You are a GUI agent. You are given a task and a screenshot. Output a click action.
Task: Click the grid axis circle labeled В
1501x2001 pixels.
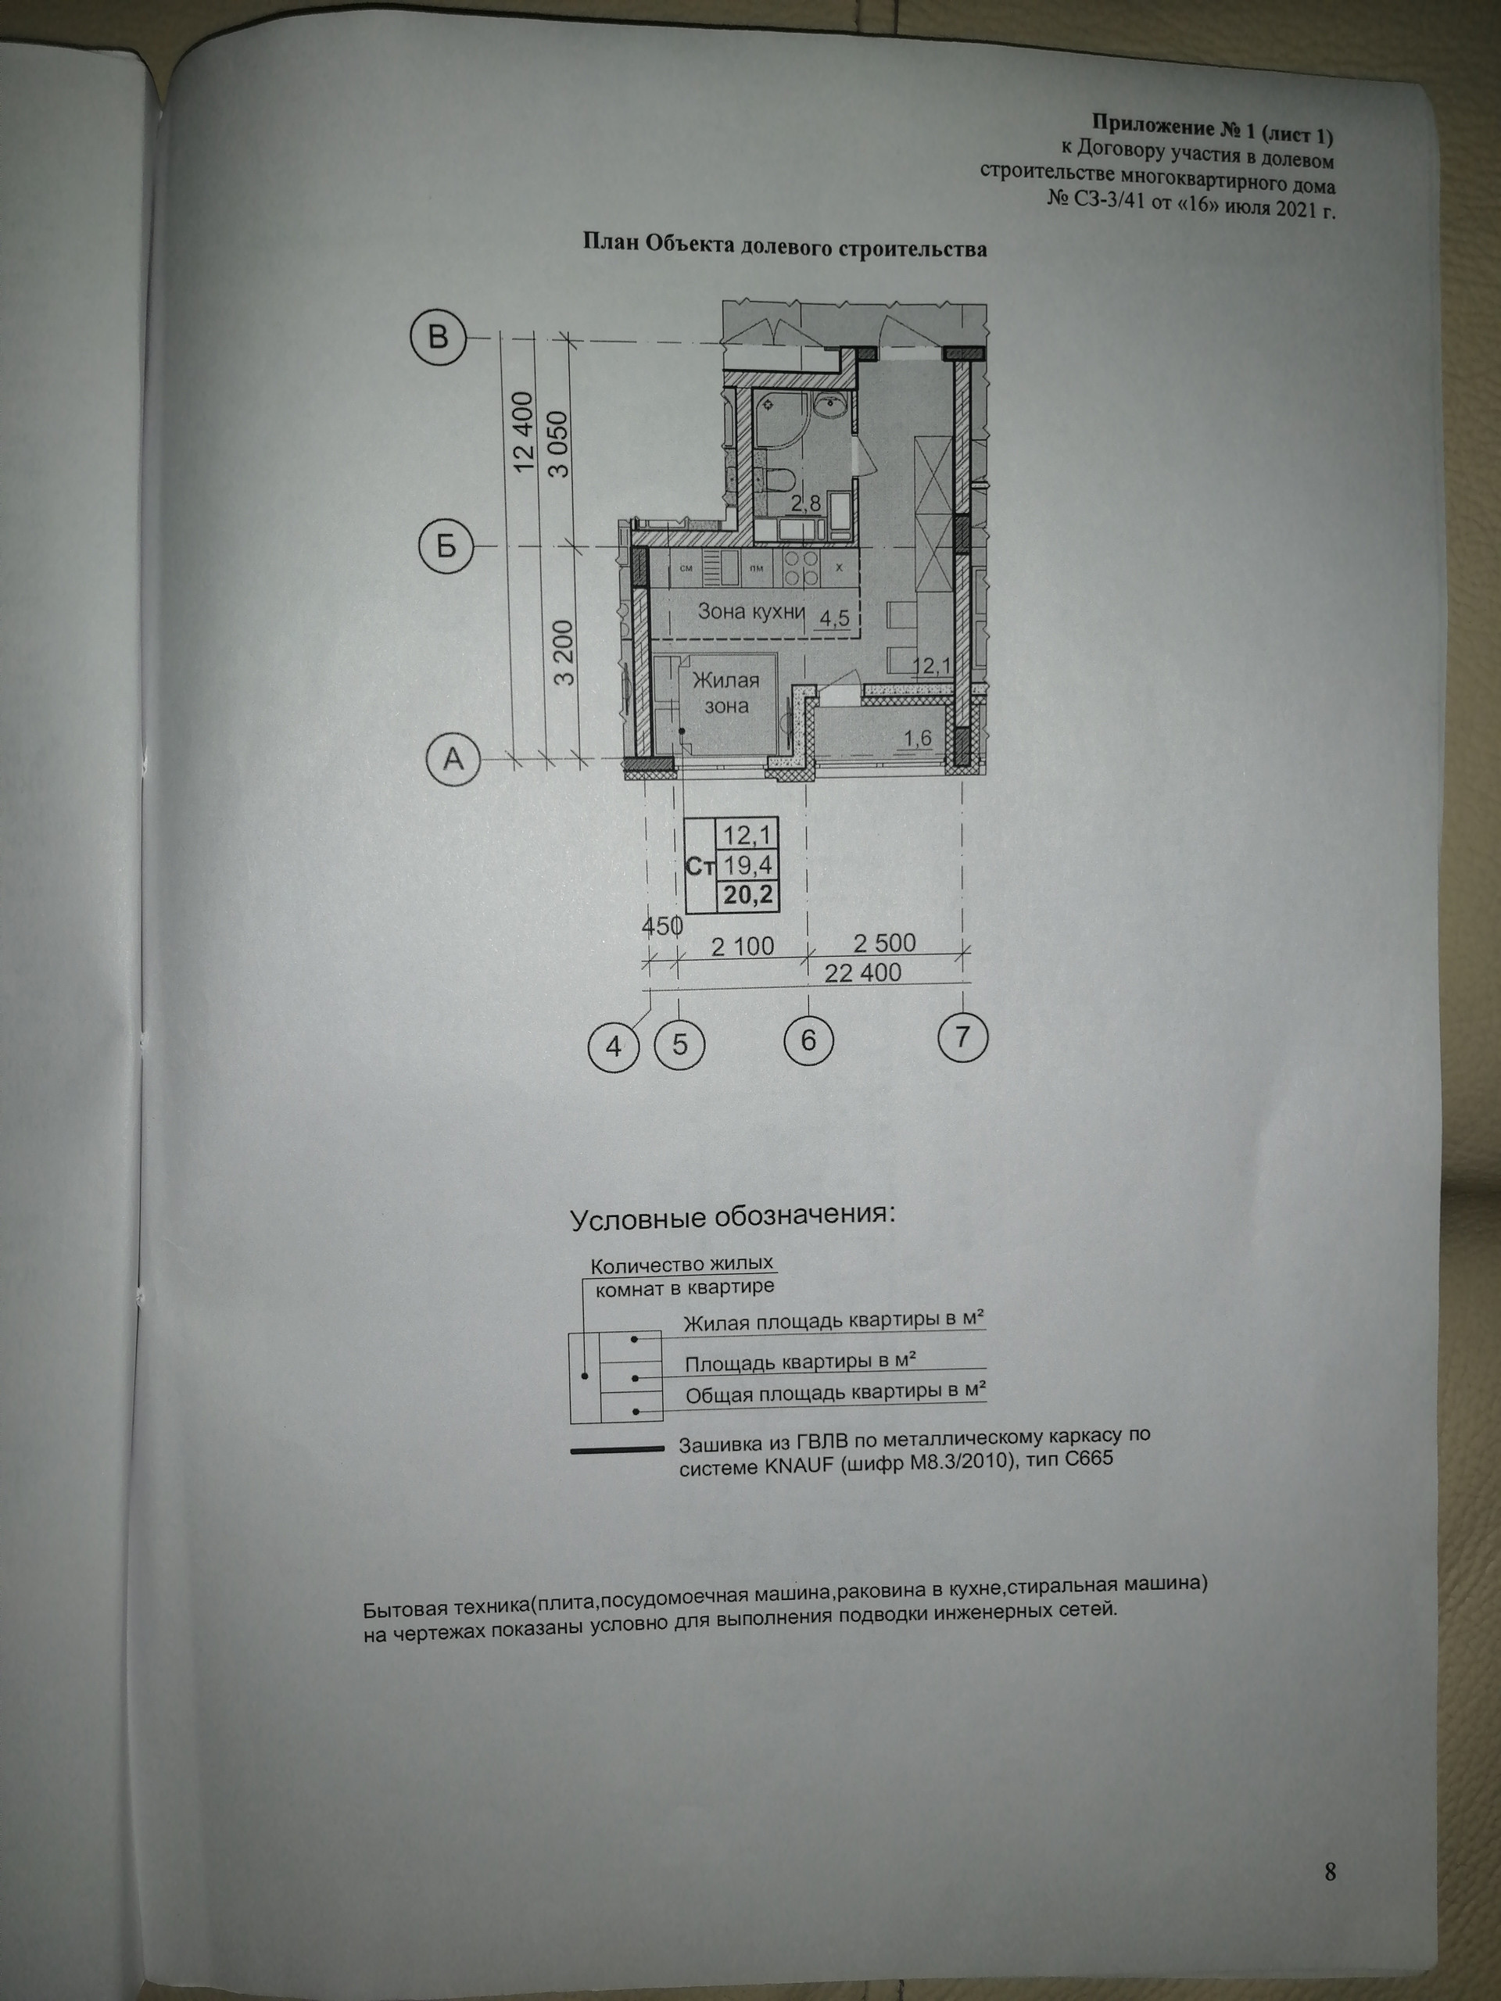click(438, 338)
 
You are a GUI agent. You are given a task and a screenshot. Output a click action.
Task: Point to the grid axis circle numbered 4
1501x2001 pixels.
click(614, 1047)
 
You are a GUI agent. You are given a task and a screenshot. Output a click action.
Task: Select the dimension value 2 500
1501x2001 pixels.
click(884, 942)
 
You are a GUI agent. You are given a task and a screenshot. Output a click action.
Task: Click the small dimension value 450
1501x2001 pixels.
click(661, 926)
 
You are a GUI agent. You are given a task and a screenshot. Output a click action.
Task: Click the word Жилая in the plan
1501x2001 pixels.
click(725, 679)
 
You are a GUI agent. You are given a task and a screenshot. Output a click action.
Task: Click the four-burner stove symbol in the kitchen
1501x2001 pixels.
click(800, 568)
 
